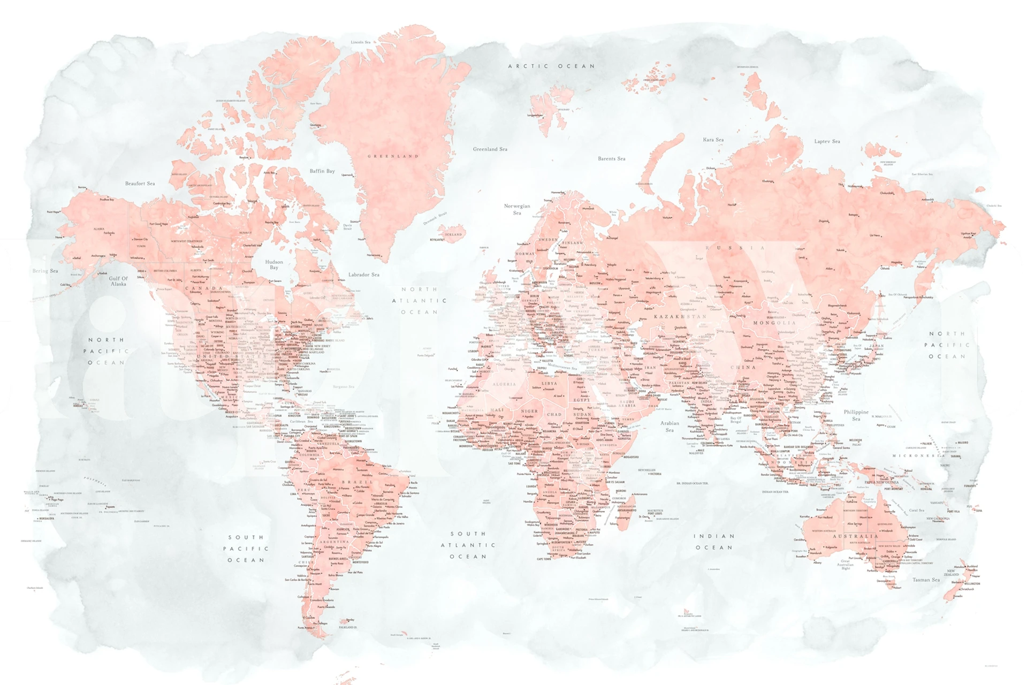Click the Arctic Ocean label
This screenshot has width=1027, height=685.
point(551,66)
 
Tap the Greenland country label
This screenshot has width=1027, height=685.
point(393,156)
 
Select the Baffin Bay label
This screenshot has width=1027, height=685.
point(322,171)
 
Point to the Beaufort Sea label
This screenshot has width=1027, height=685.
point(140,184)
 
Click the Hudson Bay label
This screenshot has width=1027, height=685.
point(274,264)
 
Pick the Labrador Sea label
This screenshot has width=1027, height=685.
point(364,275)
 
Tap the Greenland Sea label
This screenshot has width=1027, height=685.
point(490,149)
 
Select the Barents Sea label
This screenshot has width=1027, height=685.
point(611,158)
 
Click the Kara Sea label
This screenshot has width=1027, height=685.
point(713,140)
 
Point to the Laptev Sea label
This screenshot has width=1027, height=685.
point(827,141)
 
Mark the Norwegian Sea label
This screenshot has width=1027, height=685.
point(517,209)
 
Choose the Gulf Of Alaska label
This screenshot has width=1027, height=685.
point(118,281)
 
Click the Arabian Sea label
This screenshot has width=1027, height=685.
point(670,426)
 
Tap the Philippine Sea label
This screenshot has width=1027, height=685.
point(856,415)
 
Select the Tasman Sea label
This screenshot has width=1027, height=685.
point(926,580)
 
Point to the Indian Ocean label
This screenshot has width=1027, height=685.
point(714,542)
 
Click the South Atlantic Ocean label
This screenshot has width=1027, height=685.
point(468,545)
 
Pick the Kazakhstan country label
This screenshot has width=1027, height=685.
point(680,317)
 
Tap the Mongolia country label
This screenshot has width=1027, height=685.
point(774,323)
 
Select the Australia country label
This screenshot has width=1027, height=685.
point(855,536)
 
